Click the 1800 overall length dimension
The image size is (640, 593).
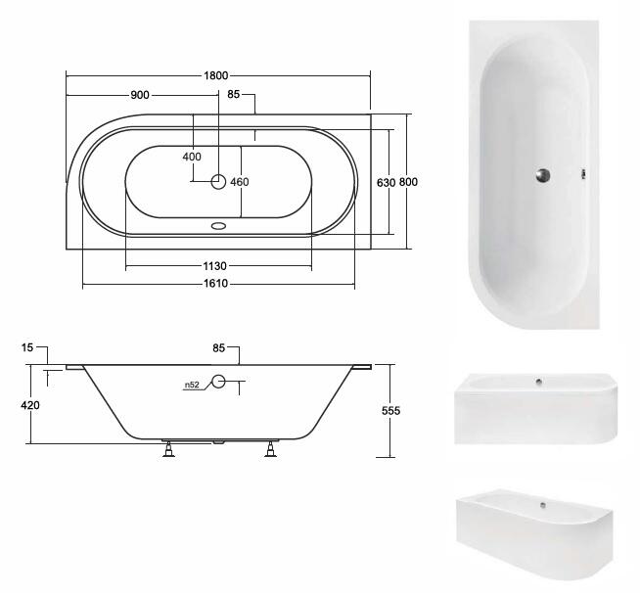pyautogui.click(x=216, y=75)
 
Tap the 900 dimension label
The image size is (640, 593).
pyautogui.click(x=140, y=95)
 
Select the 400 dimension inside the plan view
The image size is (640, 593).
pyautogui.click(x=192, y=157)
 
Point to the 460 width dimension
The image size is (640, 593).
pyautogui.click(x=239, y=182)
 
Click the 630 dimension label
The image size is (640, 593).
pyautogui.click(x=386, y=182)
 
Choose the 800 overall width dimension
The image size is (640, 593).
pyautogui.click(x=408, y=182)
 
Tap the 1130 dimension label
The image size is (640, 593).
pyautogui.click(x=214, y=266)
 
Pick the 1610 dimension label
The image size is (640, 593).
pyautogui.click(x=215, y=283)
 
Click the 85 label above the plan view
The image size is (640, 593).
pyautogui.click(x=234, y=94)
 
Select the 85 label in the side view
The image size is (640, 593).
pyautogui.click(x=219, y=347)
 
